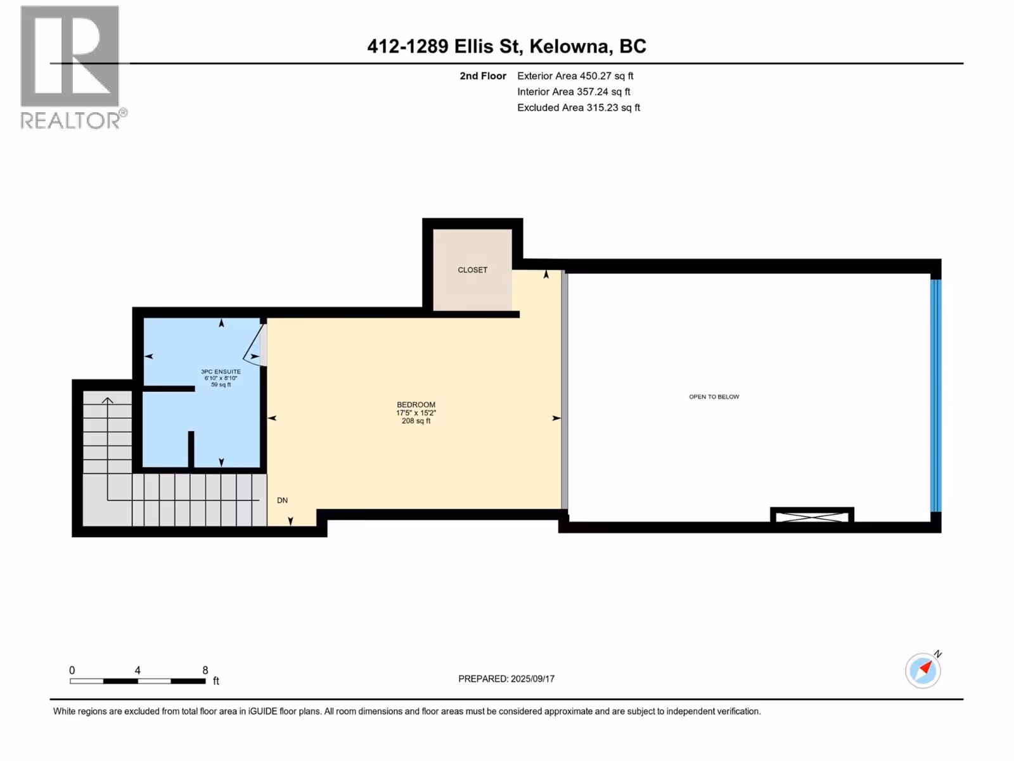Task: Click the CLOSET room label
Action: tap(472, 270)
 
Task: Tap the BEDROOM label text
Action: tap(416, 405)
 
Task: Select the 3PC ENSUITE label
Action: tap(221, 372)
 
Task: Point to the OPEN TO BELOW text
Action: tap(714, 396)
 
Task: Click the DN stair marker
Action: tap(282, 500)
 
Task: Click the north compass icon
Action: tap(923, 670)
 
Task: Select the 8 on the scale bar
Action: tap(205, 670)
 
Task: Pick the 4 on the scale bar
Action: tap(137, 670)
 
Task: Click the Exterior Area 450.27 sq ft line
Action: tap(575, 75)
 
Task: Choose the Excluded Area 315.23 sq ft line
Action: tap(579, 108)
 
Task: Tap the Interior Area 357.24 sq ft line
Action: tap(574, 91)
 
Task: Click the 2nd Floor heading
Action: tap(483, 75)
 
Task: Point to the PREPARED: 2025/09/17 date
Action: tap(506, 679)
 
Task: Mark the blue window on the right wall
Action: tap(935, 396)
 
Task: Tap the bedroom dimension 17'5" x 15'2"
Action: tap(416, 413)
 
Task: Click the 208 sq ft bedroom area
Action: tap(416, 421)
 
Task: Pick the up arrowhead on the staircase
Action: tap(108, 400)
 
